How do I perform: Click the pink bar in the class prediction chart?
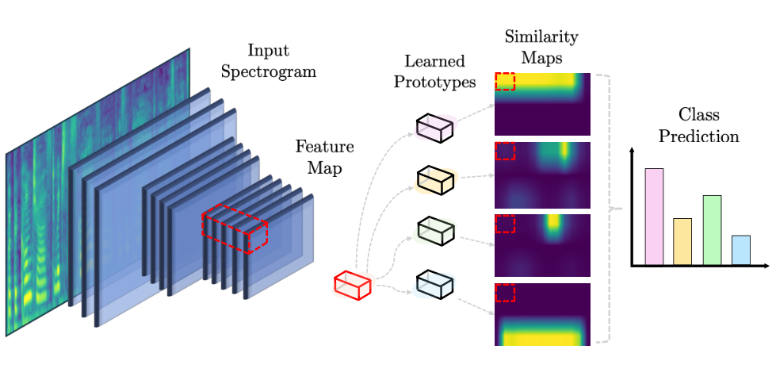pyautogui.click(x=654, y=217)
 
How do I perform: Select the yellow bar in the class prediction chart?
pyautogui.click(x=682, y=242)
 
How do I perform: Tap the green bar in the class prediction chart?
pyautogui.click(x=712, y=230)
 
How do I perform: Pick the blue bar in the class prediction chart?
pyautogui.click(x=741, y=250)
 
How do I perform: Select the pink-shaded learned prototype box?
pyautogui.click(x=434, y=129)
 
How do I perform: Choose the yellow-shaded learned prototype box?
pyautogui.click(x=434, y=180)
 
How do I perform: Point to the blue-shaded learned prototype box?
pyautogui.click(x=434, y=284)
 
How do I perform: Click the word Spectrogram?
pyautogui.click(x=268, y=72)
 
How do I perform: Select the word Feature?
pyautogui.click(x=325, y=147)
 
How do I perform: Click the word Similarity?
pyautogui.click(x=541, y=37)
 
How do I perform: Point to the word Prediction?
pyautogui.click(x=698, y=136)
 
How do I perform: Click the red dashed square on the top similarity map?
pyautogui.click(x=505, y=81)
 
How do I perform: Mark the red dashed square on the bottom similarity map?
pyautogui.click(x=505, y=292)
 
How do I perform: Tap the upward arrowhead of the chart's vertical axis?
pyautogui.click(x=632, y=150)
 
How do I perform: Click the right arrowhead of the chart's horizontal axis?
pyautogui.click(x=766, y=266)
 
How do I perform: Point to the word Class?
pyautogui.click(x=698, y=115)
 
